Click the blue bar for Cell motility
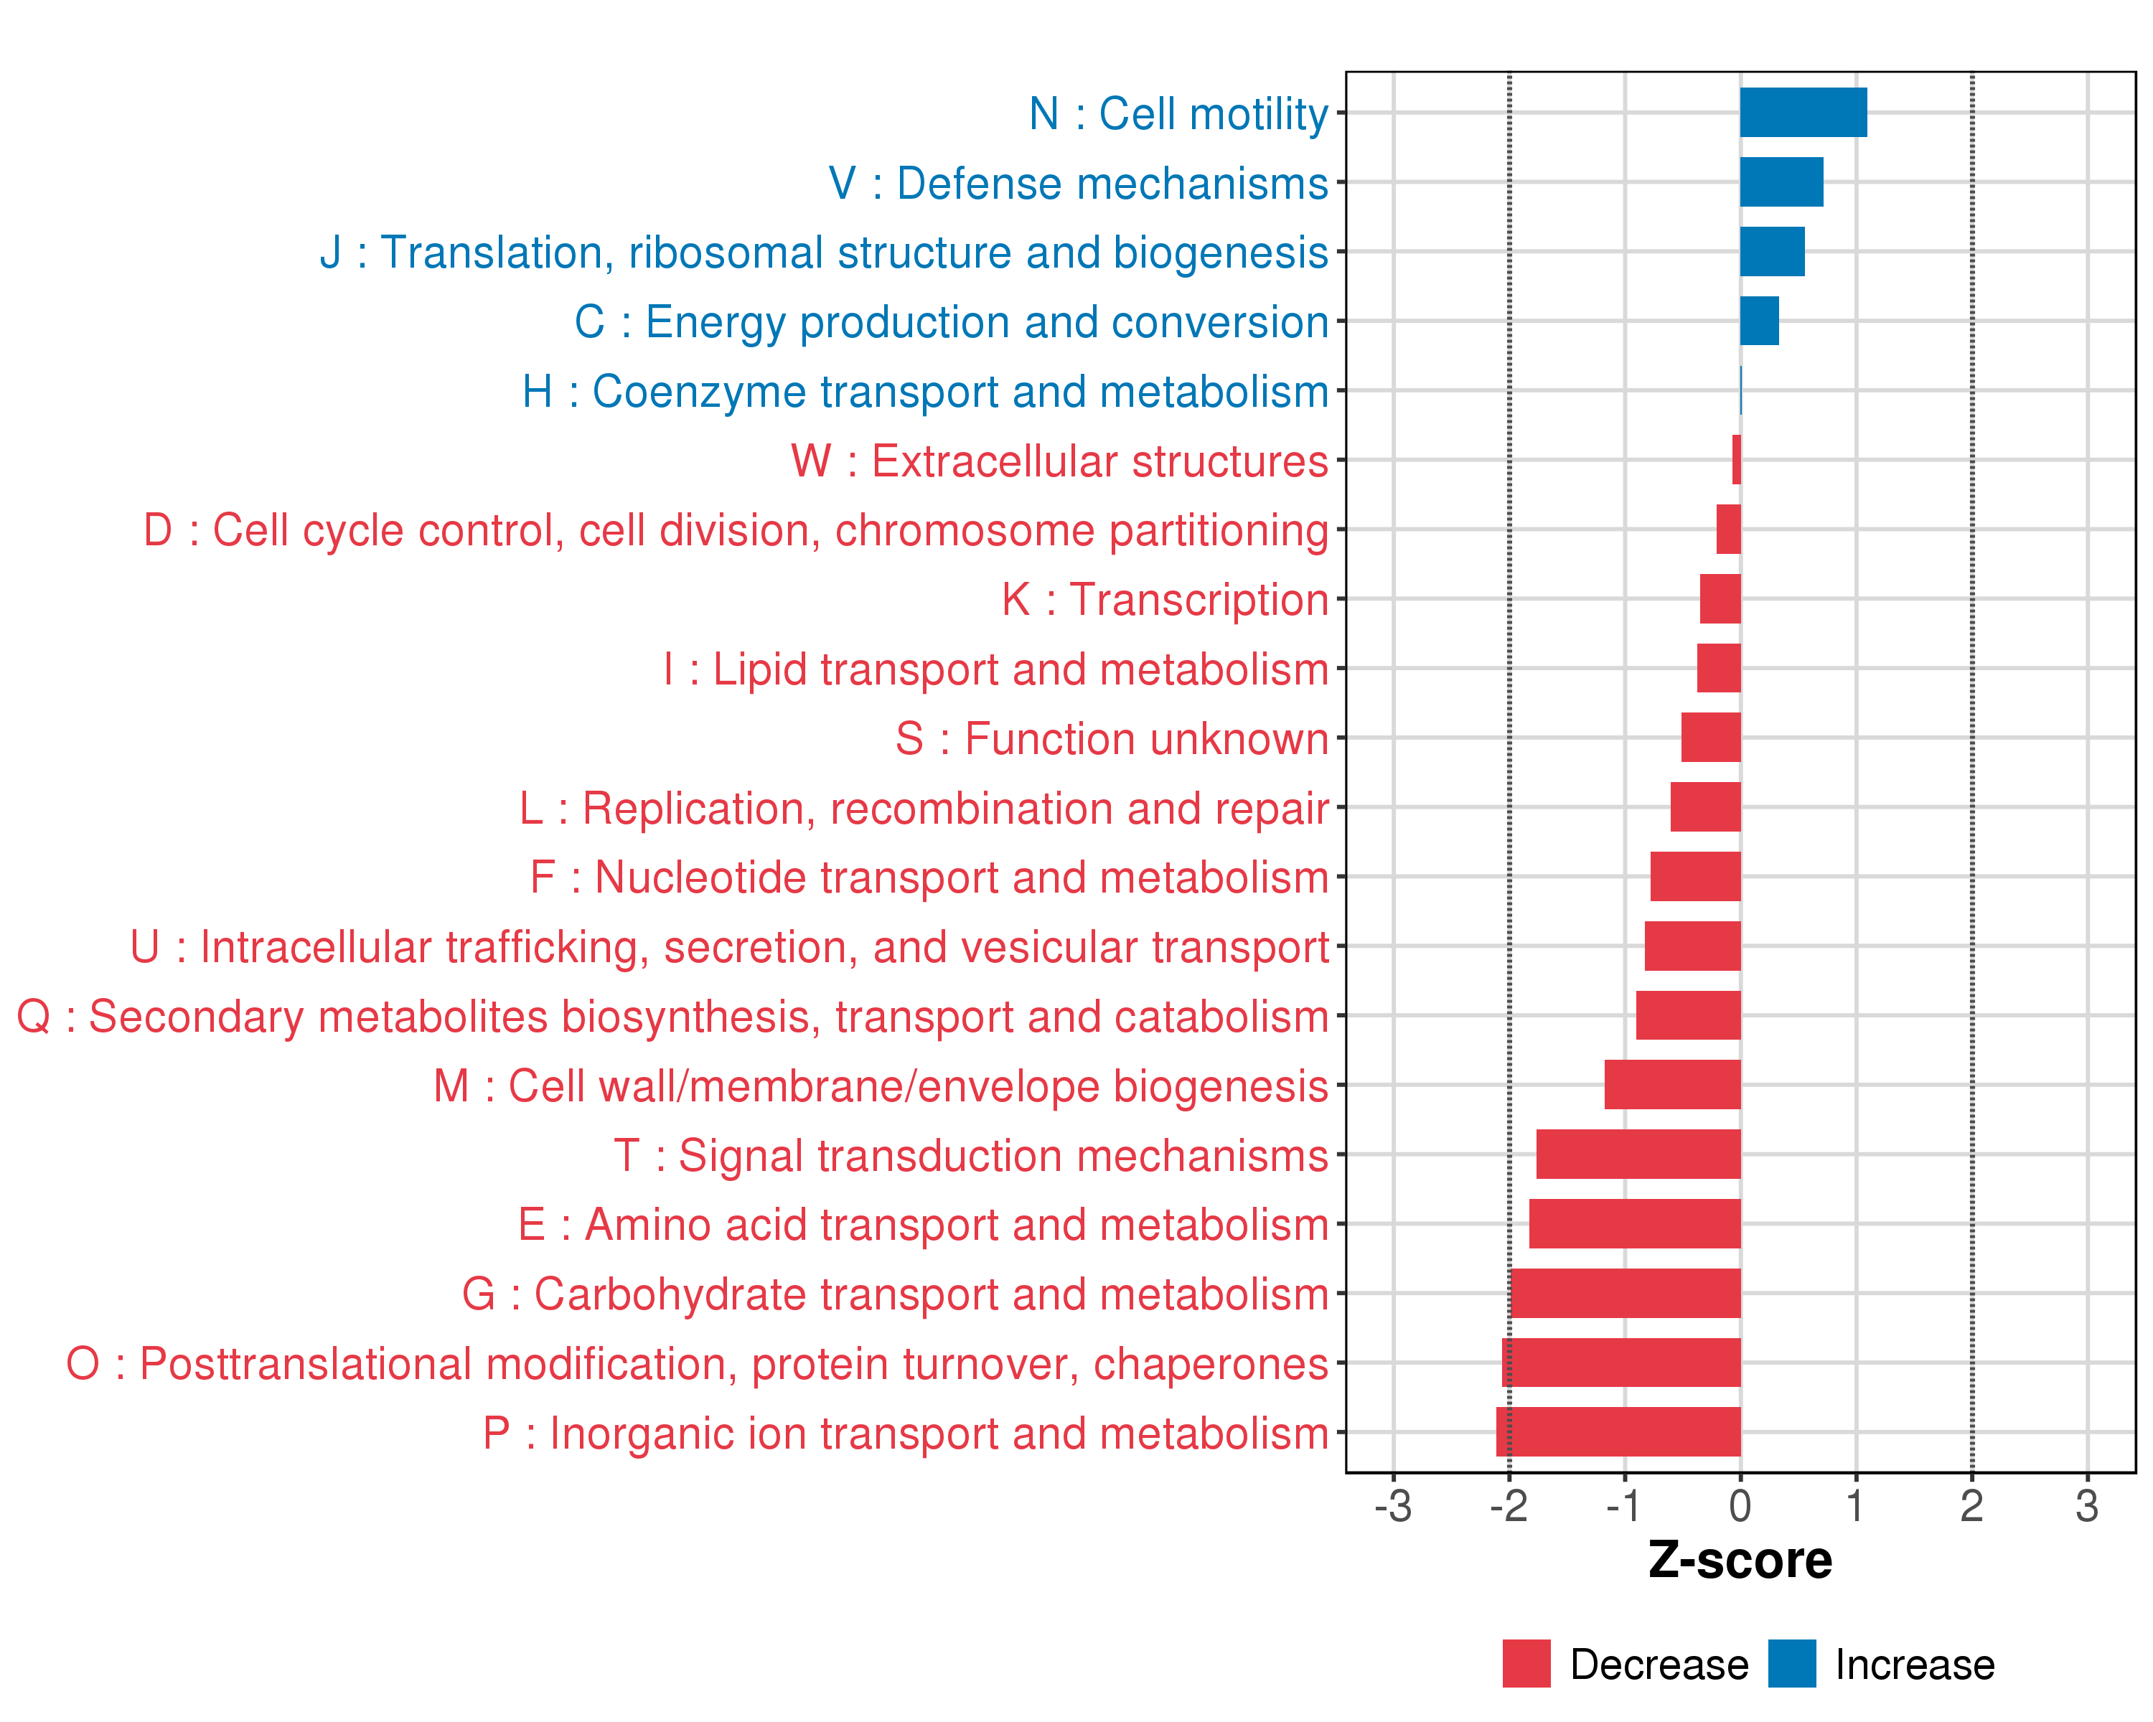[x=1803, y=113]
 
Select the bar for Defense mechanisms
[x=1781, y=182]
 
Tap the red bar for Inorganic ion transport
[x=1618, y=1431]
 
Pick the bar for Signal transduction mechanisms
[x=1638, y=1154]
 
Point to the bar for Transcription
[x=1720, y=599]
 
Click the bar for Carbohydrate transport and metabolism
[x=1625, y=1293]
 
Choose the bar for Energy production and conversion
[x=1758, y=321]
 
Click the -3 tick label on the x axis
[x=1392, y=1506]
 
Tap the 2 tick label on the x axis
[x=1971, y=1506]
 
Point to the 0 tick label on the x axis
[x=1740, y=1506]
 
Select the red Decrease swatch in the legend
[x=1526, y=1664]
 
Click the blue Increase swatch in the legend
[x=1791, y=1664]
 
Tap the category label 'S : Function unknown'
[x=1112, y=739]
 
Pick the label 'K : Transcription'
[x=1164, y=600]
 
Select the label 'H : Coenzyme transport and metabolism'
[x=924, y=391]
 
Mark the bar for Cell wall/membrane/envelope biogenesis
[x=1671, y=1084]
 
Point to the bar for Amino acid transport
[x=1633, y=1223]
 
